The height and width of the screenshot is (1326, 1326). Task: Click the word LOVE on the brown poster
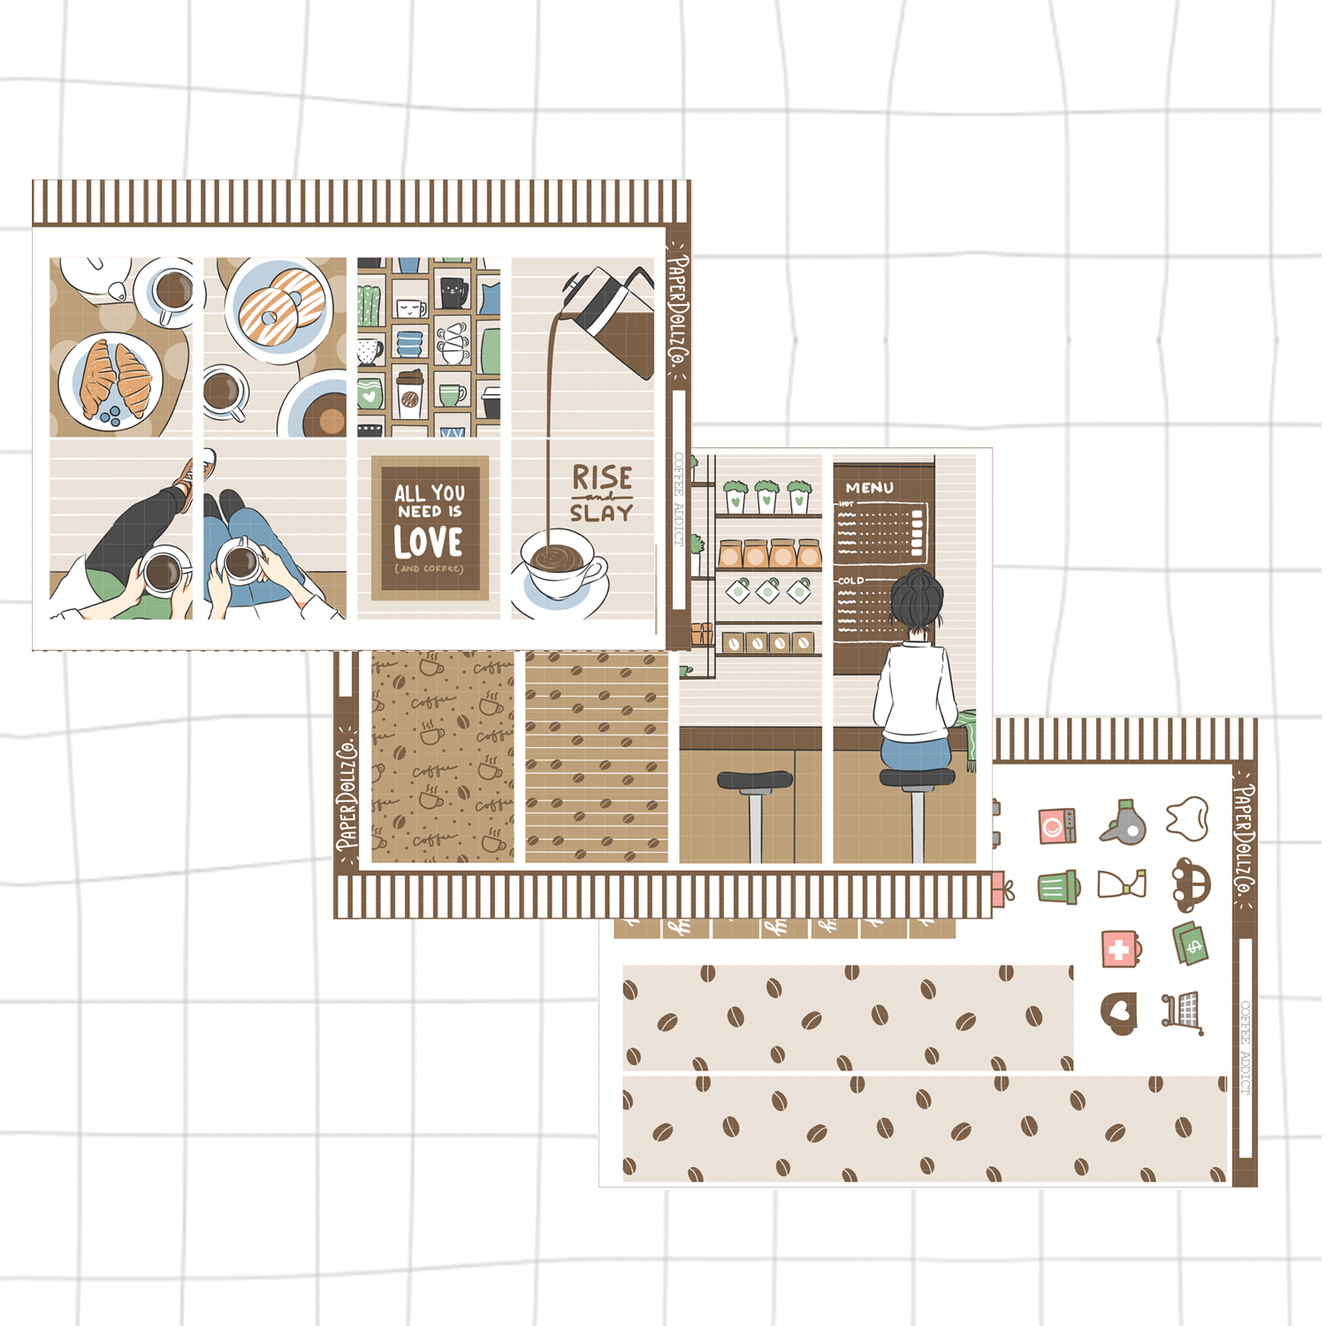pyautogui.click(x=429, y=541)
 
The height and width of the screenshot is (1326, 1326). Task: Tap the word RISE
pyautogui.click(x=602, y=478)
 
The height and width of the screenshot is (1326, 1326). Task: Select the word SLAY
pyautogui.click(x=601, y=513)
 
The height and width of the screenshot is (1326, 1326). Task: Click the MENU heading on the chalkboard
pyautogui.click(x=869, y=487)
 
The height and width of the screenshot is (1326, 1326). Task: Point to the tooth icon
pyautogui.click(x=1186, y=818)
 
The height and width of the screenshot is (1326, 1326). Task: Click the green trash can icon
pyautogui.click(x=1058, y=887)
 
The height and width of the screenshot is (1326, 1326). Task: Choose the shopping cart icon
pyautogui.click(x=1183, y=1012)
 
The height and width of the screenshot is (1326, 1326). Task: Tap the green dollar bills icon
pyautogui.click(x=1190, y=943)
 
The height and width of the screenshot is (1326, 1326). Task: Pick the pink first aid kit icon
pyautogui.click(x=1121, y=949)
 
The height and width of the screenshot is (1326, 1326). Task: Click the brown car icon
pyautogui.click(x=1190, y=884)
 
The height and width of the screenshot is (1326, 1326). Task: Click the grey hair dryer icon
pyautogui.click(x=1124, y=823)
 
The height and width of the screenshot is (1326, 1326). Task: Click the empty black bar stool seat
pyautogui.click(x=755, y=780)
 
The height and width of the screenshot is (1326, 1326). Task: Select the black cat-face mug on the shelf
pyautogui.click(x=453, y=291)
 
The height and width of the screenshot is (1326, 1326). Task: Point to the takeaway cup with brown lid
pyautogui.click(x=410, y=390)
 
